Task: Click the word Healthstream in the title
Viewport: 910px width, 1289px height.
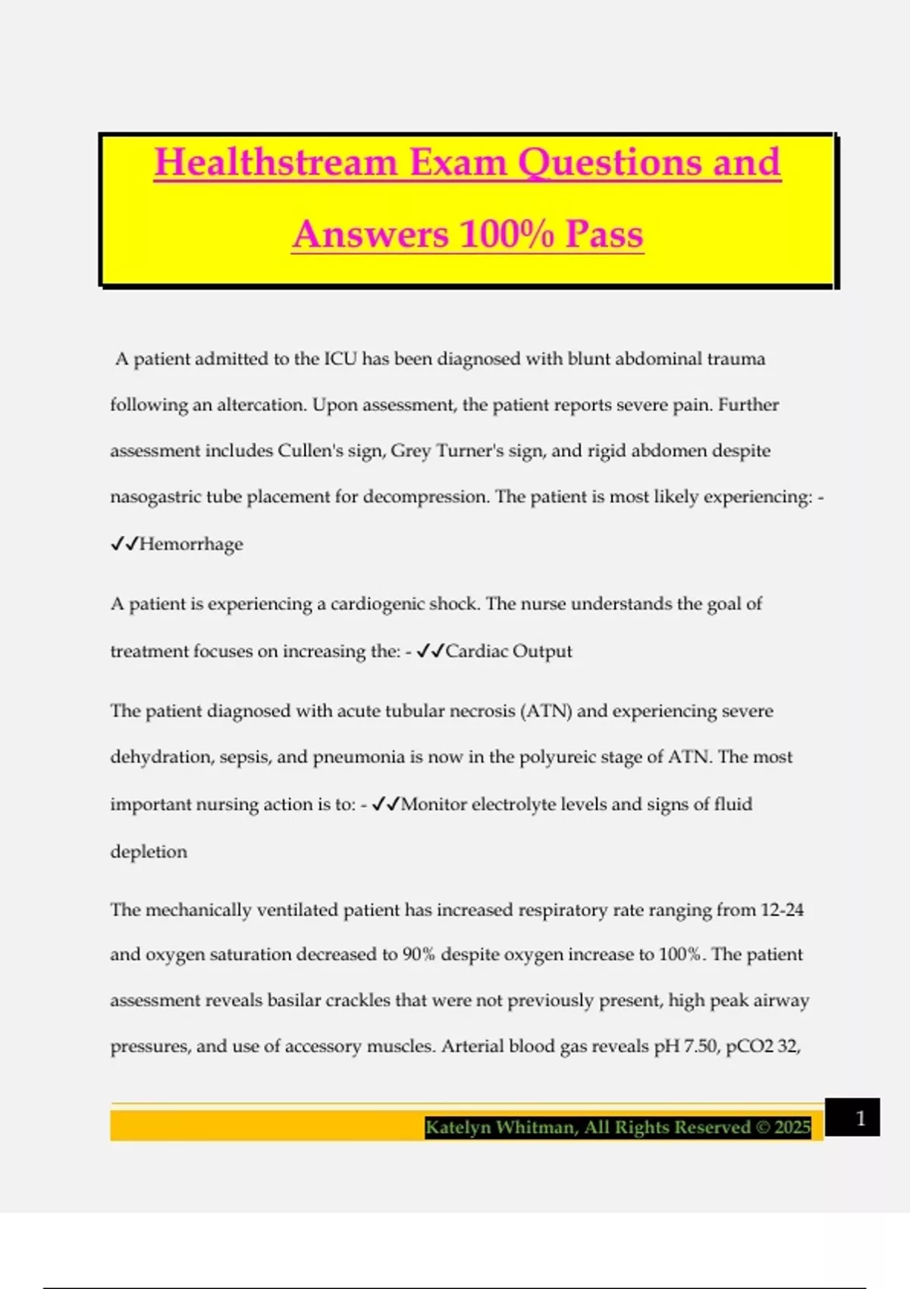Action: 276,162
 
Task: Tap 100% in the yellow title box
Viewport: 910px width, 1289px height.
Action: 507,234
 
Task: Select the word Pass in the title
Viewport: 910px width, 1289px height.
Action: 604,234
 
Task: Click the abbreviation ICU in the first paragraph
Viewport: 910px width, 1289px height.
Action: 340,359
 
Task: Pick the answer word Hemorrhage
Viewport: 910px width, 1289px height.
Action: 191,544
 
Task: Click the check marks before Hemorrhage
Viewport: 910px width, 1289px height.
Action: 124,544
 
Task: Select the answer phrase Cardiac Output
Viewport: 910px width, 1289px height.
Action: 509,651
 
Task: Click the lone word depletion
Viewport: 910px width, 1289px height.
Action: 149,851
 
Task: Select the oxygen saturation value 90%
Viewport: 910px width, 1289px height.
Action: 419,954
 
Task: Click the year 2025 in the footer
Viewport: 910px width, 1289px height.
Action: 792,1127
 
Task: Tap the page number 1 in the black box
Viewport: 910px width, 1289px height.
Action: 860,1118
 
